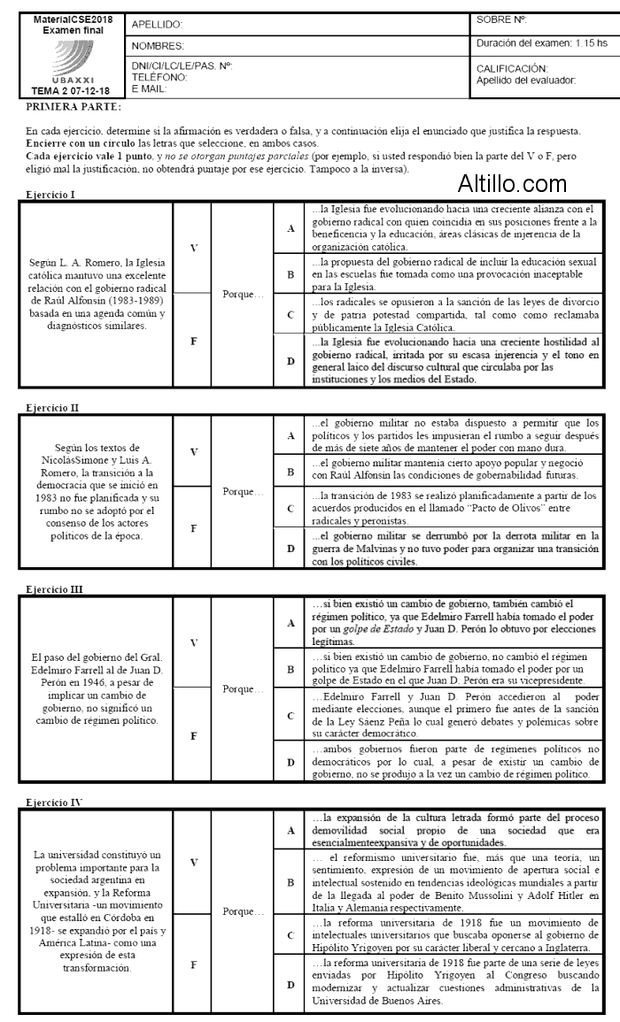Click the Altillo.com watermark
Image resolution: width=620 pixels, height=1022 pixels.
point(512,184)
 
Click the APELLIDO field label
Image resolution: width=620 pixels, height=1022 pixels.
point(157,25)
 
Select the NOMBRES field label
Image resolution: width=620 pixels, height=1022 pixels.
point(158,45)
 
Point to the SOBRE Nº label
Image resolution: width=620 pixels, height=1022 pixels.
point(501,19)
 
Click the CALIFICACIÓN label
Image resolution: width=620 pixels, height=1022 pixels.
point(512,68)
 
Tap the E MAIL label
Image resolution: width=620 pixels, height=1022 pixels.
point(149,88)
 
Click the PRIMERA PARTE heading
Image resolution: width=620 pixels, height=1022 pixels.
point(74,107)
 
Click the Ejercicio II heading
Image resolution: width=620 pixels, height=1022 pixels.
point(54,408)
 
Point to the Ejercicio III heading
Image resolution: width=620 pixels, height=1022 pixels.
point(56,589)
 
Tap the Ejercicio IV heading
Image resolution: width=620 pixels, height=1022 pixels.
point(55,803)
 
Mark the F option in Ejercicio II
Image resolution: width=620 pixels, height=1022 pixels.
point(192,527)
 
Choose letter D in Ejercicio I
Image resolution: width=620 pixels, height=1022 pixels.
point(290,361)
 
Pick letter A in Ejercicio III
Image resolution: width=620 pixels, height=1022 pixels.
point(290,623)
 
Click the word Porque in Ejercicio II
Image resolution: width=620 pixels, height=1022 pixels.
point(242,491)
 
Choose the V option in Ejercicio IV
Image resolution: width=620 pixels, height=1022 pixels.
point(192,861)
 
